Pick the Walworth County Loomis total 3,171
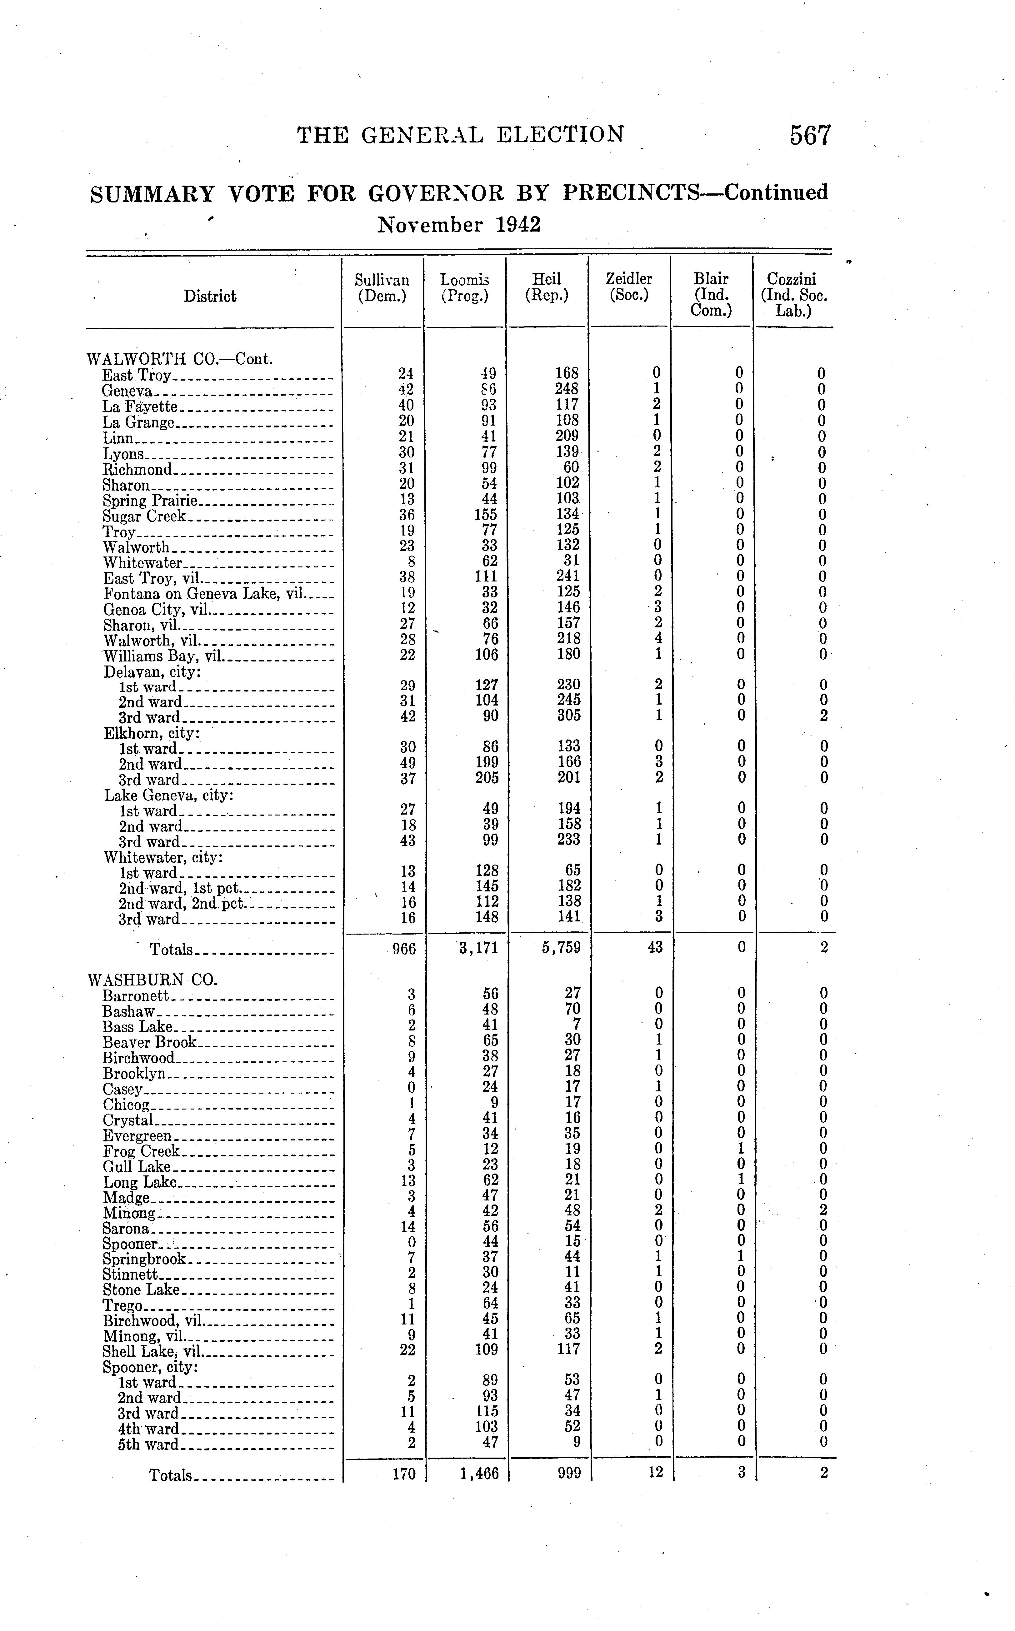478,948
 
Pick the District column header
210,296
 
